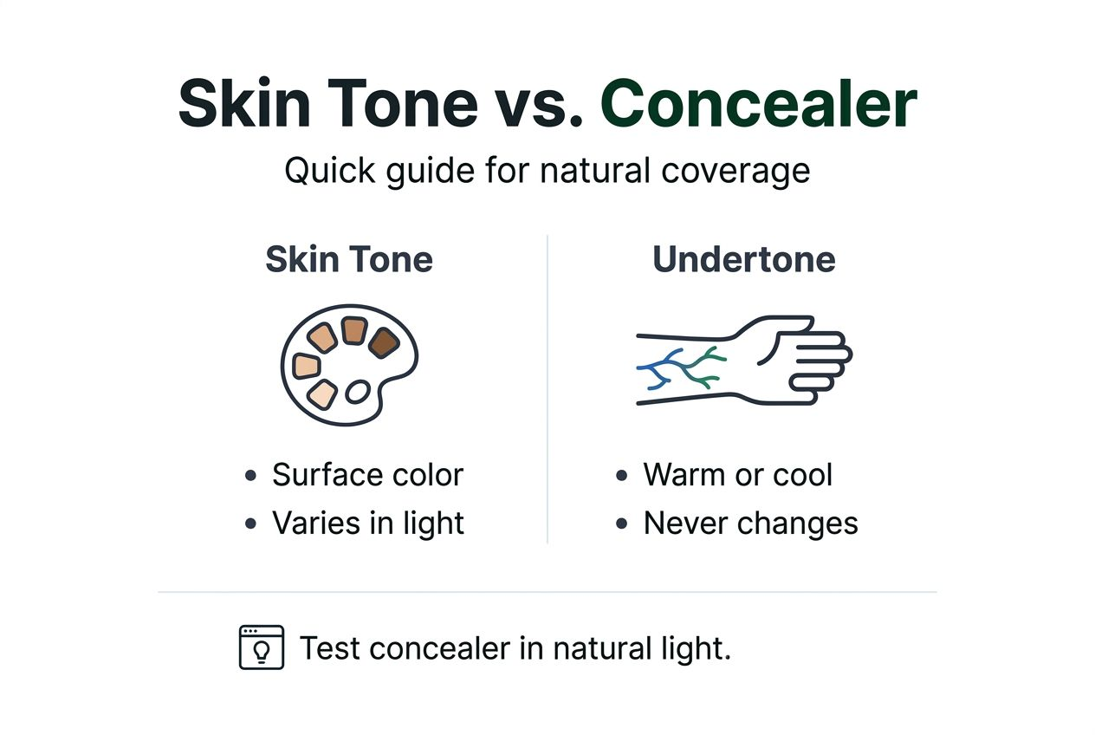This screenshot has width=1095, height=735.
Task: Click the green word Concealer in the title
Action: tap(758, 103)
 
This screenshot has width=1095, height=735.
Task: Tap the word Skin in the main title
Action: tap(238, 103)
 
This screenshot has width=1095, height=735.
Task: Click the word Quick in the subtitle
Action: tap(325, 171)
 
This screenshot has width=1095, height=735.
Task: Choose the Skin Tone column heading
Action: tap(348, 260)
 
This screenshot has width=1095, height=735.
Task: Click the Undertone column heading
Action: tap(743, 260)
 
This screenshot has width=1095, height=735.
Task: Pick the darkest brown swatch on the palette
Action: tap(382, 343)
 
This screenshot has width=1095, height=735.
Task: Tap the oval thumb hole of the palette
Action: tap(357, 393)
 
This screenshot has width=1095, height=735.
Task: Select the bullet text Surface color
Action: tap(367, 475)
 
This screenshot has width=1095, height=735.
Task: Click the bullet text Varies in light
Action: tap(367, 524)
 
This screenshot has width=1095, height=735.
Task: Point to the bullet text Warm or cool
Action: tap(737, 475)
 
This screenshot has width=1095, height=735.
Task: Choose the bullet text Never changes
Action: tap(750, 524)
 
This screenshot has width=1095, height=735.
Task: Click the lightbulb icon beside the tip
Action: tap(261, 647)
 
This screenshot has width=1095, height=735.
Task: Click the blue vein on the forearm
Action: tap(656, 369)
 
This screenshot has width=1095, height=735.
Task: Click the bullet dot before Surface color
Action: tap(251, 476)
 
